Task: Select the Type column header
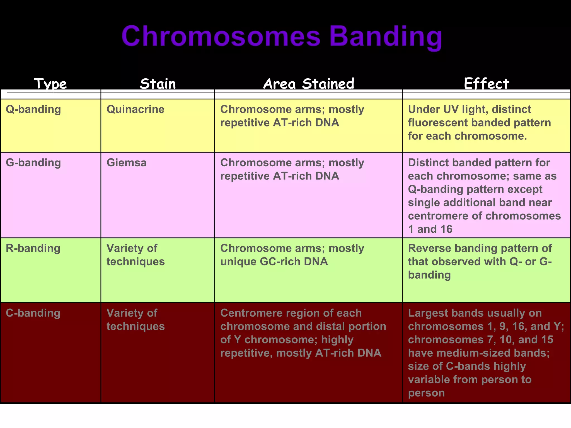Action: pos(50,84)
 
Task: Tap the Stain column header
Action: pos(158,84)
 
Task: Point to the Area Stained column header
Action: pos(309,84)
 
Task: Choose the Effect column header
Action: pos(487,84)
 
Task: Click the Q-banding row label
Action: pos(33,109)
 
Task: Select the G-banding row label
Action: pos(33,163)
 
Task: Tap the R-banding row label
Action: pos(33,248)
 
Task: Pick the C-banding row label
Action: pos(33,313)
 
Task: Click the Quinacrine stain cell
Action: pos(136,109)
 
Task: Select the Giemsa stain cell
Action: pos(127,163)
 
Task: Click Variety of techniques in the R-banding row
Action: pos(136,255)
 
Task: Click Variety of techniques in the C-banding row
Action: pos(136,320)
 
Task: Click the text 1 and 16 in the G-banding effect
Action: pos(430,229)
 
